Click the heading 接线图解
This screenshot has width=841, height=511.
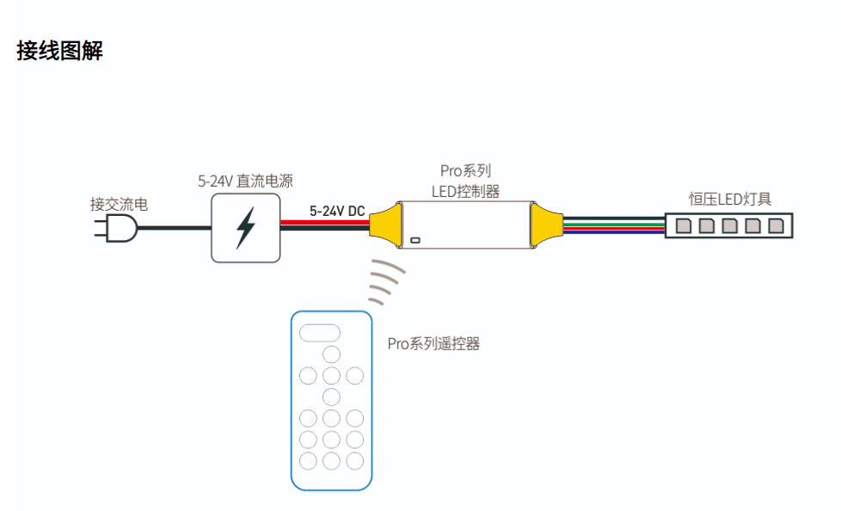tap(60, 51)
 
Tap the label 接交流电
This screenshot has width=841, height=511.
tap(119, 205)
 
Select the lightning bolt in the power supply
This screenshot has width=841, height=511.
tap(246, 227)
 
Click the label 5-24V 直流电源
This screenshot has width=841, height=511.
tap(245, 182)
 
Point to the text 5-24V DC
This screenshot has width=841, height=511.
tap(337, 211)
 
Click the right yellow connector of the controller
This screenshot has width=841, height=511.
tap(547, 225)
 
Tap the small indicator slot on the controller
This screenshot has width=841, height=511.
tap(414, 240)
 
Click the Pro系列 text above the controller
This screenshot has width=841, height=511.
tap(465, 170)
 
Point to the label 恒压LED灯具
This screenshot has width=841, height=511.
tap(730, 199)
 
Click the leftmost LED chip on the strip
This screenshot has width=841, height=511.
tap(684, 226)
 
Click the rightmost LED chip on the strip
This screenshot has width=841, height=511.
tap(776, 226)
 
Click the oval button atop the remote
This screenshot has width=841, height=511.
tap(320, 332)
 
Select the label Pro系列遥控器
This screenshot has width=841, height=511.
tap(433, 344)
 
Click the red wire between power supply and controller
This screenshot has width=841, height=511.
tap(325, 223)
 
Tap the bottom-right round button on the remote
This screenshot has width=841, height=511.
tap(353, 460)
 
